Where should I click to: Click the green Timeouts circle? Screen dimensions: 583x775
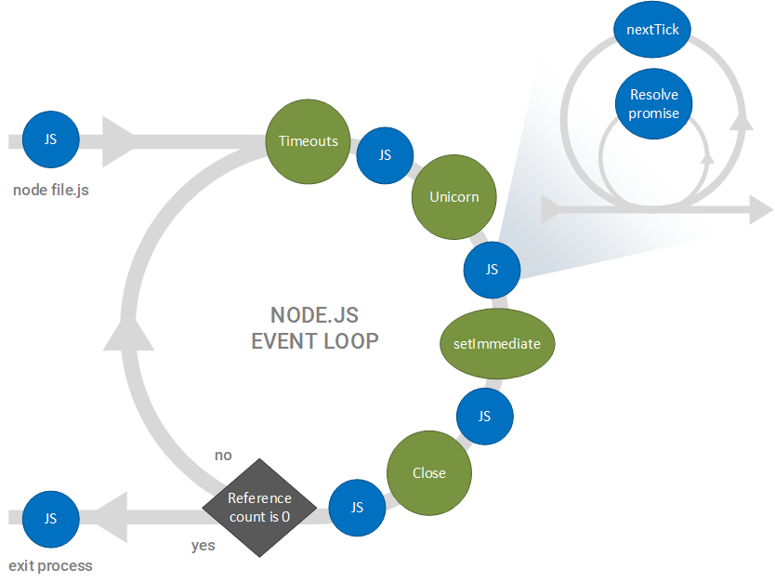coord(308,141)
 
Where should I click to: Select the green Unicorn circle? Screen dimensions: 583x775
coord(453,197)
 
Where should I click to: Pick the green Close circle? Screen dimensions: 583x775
coord(428,472)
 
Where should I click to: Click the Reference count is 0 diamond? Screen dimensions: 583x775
coord(259,506)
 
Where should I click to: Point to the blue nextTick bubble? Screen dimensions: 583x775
coord(653,30)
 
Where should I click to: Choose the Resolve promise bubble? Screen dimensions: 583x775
coord(653,104)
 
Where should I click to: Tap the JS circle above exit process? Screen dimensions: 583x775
coord(50,518)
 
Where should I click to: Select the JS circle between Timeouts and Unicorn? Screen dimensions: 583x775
coord(385,155)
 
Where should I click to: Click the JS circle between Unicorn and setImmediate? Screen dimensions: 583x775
coord(492,269)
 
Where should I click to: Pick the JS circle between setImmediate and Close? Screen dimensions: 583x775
coord(484,416)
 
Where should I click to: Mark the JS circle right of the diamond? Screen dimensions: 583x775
coord(357,507)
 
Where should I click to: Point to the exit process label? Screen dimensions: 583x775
coord(50,565)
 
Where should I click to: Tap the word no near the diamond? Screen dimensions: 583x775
coord(223,456)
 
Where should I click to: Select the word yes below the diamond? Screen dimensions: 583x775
coord(204,546)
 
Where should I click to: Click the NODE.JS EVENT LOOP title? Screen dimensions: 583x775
coord(315,328)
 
